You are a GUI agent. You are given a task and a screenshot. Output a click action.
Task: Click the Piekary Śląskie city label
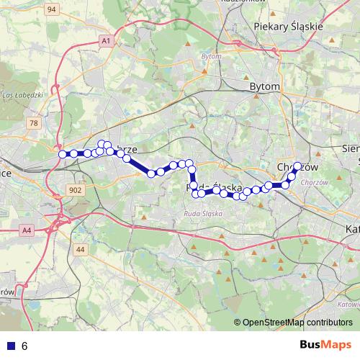289,26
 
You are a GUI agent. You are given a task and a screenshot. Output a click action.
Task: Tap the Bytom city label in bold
264,86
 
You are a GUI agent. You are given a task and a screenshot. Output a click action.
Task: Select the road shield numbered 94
51,9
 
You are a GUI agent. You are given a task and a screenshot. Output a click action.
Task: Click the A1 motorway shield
106,41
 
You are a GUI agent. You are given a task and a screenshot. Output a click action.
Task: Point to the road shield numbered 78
34,124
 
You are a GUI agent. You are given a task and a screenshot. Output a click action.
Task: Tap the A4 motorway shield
27,230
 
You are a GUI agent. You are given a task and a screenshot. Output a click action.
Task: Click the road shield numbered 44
80,249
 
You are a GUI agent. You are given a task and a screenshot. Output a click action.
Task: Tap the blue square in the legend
9,346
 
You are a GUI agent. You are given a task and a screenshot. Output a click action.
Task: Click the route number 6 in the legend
24,346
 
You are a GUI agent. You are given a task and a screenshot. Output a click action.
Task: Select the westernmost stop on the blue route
62,153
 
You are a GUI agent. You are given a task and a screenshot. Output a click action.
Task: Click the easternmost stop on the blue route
297,166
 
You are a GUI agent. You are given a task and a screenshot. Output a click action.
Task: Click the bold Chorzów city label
297,166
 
